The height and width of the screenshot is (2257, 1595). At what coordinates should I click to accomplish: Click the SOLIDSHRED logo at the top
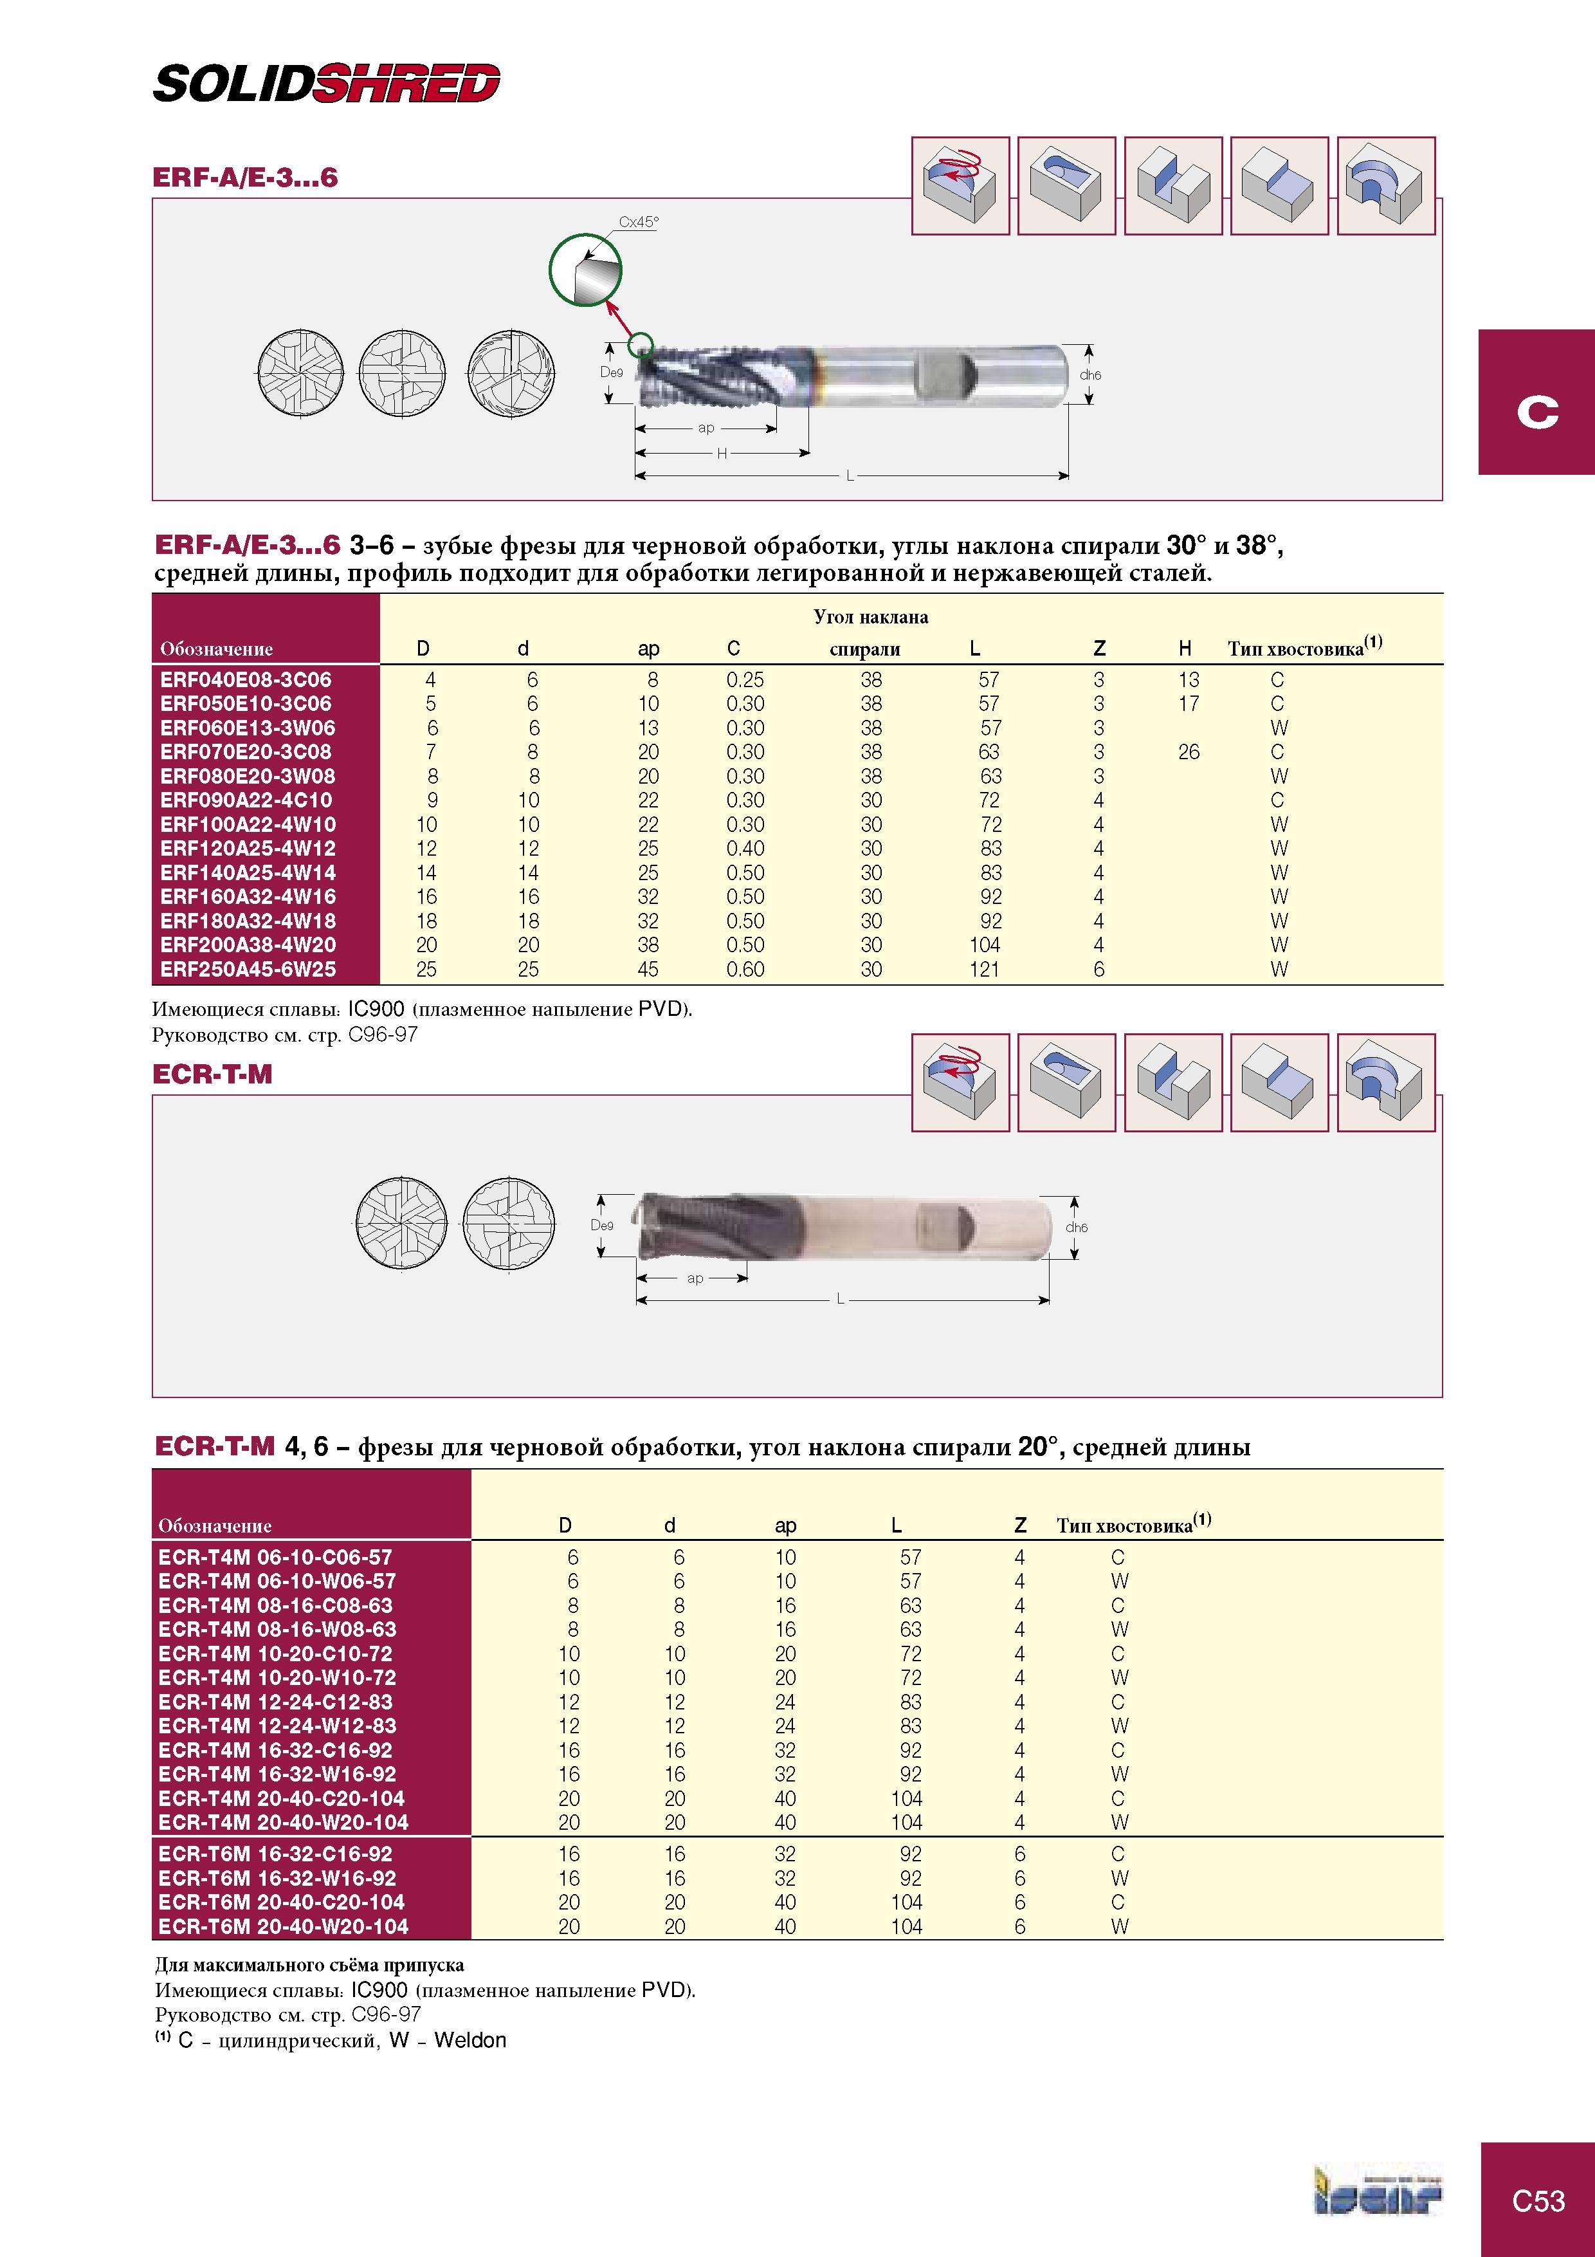[x=326, y=84]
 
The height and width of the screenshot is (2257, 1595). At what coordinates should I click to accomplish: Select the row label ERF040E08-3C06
[x=246, y=679]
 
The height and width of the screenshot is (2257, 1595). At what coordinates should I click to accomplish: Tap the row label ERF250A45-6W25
[x=248, y=969]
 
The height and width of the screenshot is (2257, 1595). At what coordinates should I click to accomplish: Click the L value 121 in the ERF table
[x=985, y=969]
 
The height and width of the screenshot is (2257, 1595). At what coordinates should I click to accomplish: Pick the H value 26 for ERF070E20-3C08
[x=1189, y=752]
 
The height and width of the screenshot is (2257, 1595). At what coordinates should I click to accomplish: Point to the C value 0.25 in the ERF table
[x=745, y=679]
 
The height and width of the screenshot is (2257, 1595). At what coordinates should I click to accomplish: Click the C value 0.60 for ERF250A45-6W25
[x=745, y=969]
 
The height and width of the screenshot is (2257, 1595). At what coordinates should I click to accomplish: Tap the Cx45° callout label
[x=639, y=222]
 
